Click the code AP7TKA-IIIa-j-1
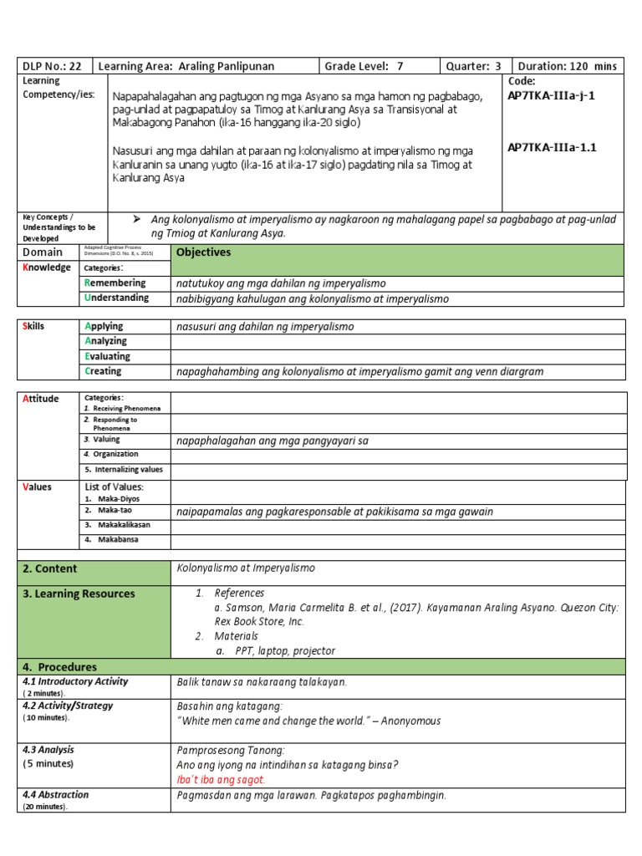click(551, 96)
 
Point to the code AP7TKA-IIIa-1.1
click(552, 148)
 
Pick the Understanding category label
click(117, 298)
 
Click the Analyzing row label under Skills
click(105, 341)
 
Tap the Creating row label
click(103, 371)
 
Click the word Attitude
click(41, 399)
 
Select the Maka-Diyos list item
click(115, 498)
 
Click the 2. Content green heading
click(50, 568)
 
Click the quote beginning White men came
click(308, 721)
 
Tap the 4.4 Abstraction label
click(56, 795)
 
